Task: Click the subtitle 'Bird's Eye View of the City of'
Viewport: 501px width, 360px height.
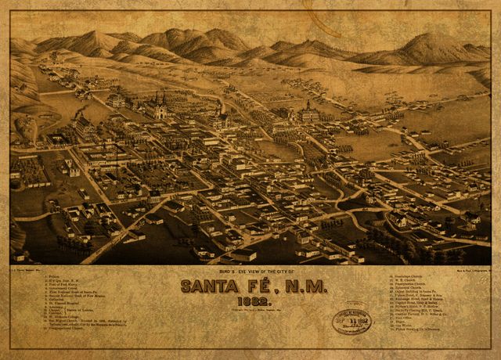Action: pos(249,271)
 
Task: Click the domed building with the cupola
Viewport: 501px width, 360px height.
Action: pos(308,112)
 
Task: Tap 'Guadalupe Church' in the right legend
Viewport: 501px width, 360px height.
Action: pos(408,276)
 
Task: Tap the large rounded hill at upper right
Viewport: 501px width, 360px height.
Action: pos(427,47)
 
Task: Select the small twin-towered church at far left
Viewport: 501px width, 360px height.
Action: pos(72,167)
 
